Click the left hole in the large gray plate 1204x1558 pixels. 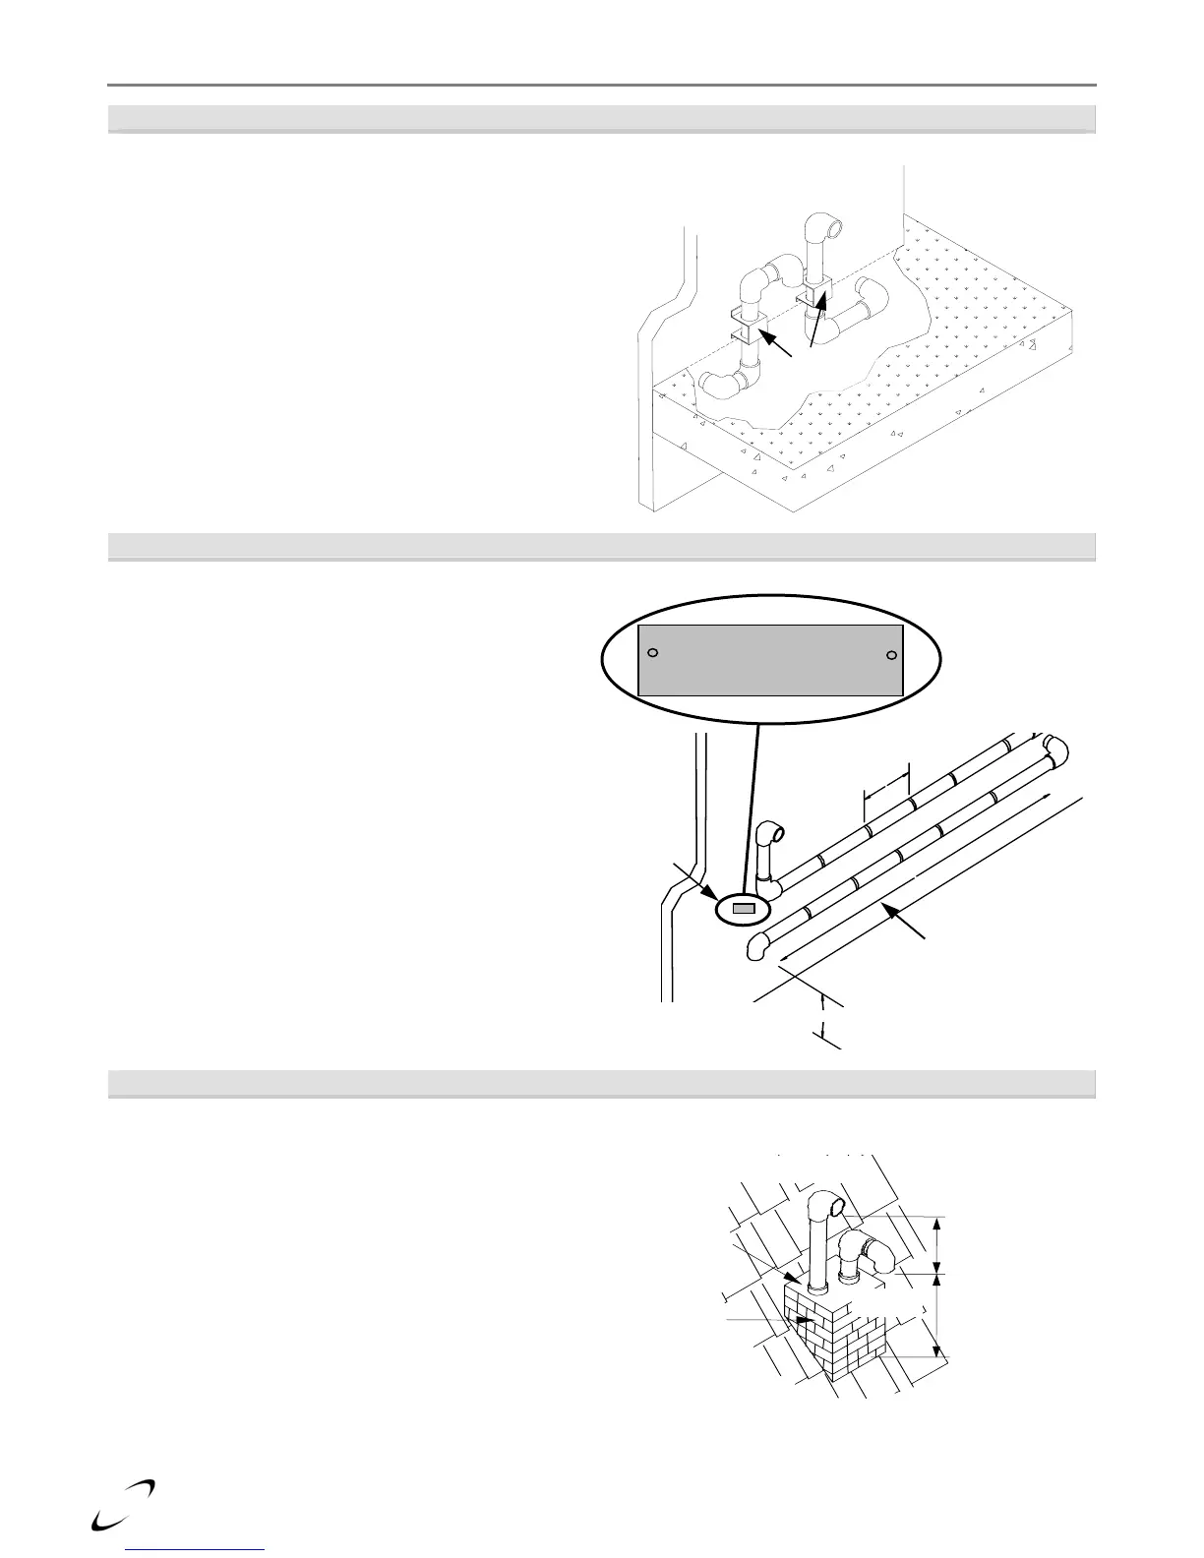pos(652,652)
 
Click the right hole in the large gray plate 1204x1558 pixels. pos(891,655)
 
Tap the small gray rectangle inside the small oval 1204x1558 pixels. pos(745,909)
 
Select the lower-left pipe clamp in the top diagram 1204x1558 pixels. pos(749,327)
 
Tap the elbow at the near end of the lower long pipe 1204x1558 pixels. pos(757,946)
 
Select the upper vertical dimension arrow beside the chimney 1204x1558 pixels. pos(936,1245)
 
